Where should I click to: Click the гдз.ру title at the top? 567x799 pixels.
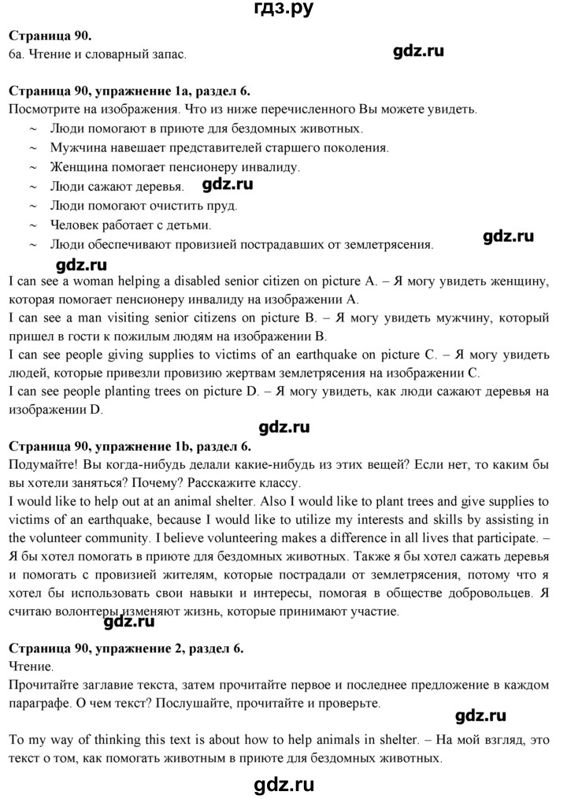click(x=283, y=10)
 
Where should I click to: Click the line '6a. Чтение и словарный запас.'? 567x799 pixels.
click(x=97, y=54)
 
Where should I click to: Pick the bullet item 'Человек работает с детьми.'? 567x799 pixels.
click(x=121, y=225)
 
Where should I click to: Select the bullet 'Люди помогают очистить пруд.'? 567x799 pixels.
click(x=132, y=206)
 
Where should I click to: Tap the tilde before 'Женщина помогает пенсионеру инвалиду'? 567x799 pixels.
click(x=33, y=167)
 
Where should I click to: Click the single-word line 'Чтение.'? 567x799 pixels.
click(x=28, y=667)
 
